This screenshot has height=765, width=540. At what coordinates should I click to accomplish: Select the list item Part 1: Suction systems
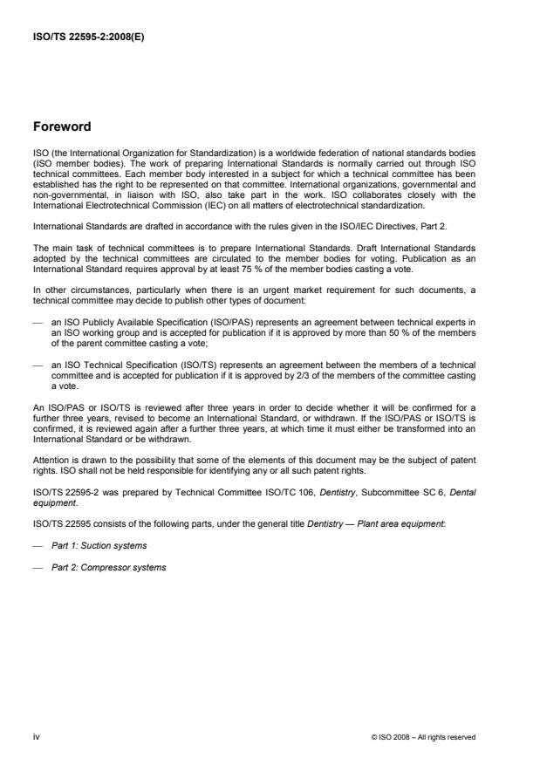coord(99,545)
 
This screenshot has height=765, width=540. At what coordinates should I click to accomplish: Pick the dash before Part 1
coord(38,545)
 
